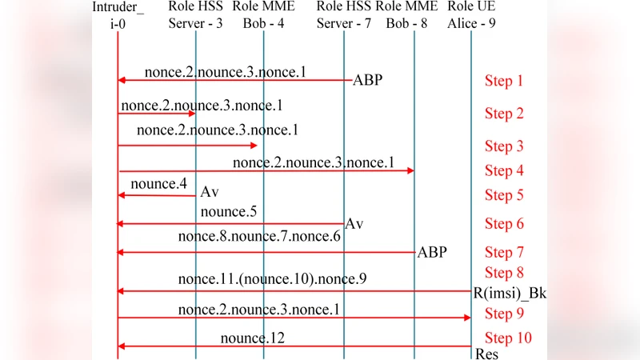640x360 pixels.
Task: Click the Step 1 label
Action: (504, 81)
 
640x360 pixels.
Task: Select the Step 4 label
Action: (504, 170)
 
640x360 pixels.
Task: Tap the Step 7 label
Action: (504, 253)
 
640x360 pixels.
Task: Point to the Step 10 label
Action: (508, 338)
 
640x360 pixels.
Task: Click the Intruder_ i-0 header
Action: (118, 15)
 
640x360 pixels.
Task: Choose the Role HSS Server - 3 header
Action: (196, 15)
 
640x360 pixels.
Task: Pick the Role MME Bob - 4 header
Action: (264, 15)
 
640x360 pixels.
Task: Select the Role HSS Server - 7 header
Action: (344, 15)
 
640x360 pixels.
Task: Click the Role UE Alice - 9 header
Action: (471, 15)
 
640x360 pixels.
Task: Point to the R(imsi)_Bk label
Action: (510, 293)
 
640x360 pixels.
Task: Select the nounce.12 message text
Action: (253, 338)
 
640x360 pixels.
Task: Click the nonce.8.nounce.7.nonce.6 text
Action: (259, 236)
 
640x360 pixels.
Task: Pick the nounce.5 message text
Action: (229, 212)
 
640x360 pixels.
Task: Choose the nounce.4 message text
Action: (158, 184)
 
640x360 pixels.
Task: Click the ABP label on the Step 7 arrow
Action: (432, 253)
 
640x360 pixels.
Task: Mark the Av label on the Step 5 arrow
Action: (210, 193)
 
